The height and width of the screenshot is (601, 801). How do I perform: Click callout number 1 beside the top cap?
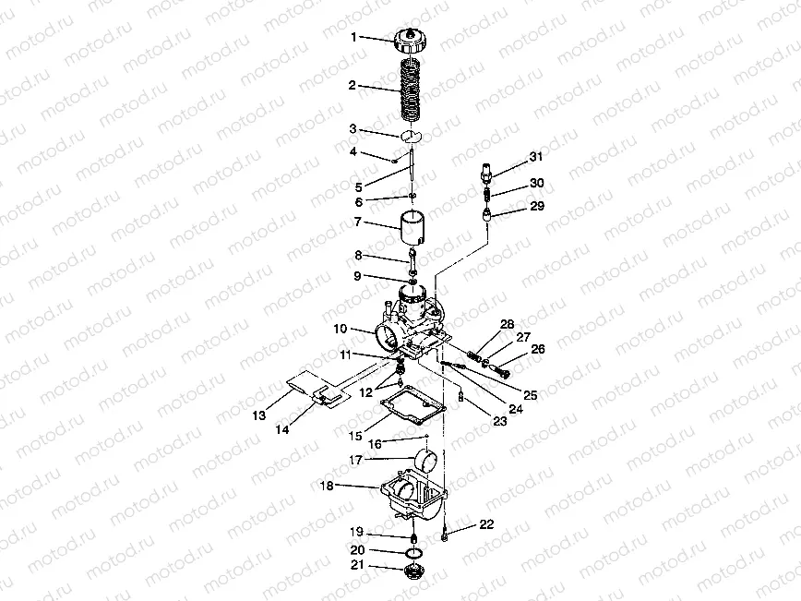click(353, 38)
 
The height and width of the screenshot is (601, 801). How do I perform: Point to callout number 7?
click(353, 222)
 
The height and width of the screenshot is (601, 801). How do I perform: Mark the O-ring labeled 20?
click(414, 552)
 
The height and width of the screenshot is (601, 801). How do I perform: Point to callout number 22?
click(486, 524)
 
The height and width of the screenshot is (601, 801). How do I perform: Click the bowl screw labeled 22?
click(446, 533)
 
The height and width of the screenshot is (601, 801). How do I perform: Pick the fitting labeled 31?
click(487, 172)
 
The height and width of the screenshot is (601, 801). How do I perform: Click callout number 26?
click(537, 349)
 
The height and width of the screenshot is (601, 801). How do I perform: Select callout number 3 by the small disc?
click(353, 129)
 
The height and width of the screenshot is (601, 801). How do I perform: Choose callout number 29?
click(536, 207)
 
